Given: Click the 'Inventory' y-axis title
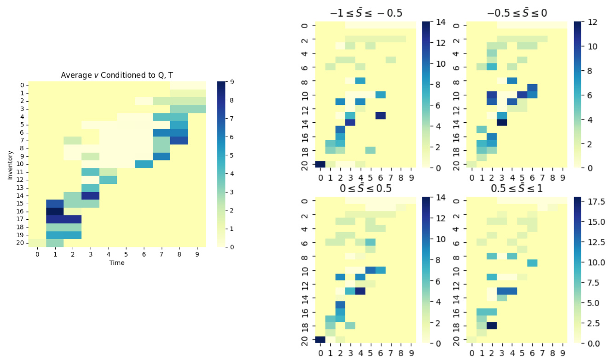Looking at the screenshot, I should [x=10, y=164].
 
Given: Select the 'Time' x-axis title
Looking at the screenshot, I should [x=117, y=263].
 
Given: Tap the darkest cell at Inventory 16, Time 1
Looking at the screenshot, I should [x=55, y=211].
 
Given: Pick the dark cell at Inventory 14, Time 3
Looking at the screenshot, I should [x=91, y=195].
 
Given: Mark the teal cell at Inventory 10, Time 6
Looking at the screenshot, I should [x=144, y=164].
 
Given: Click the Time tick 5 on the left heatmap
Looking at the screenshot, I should [x=126, y=254].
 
